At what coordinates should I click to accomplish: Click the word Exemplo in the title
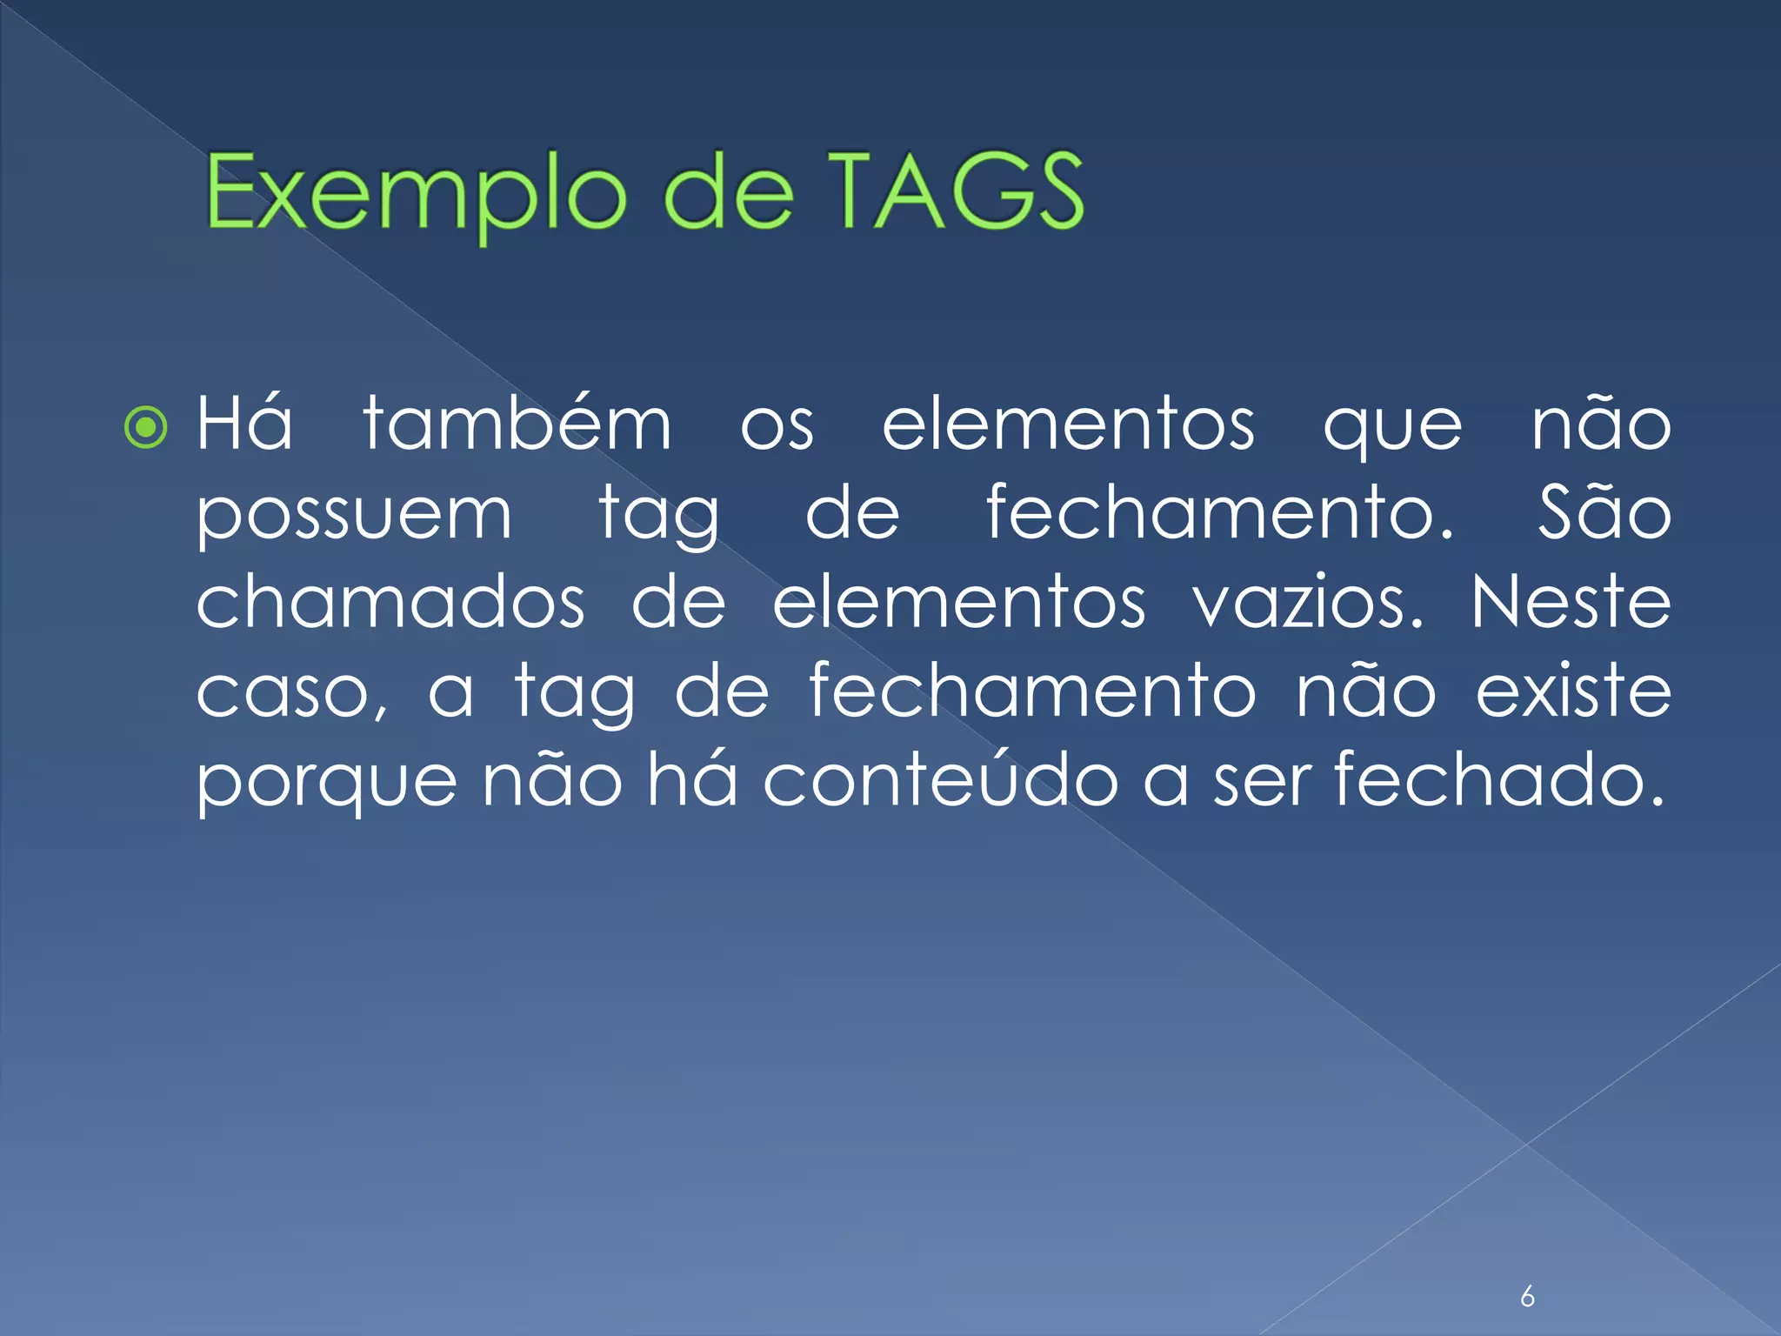415,193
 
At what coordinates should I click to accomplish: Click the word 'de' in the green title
728,193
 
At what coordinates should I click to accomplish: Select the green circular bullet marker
145,427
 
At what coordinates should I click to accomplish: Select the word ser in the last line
1262,780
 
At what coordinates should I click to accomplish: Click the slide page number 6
1527,1297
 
